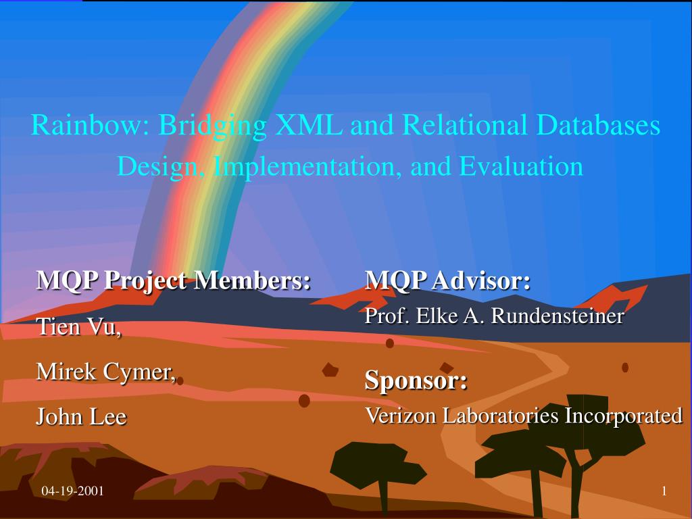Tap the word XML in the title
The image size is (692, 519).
pyautogui.click(x=308, y=124)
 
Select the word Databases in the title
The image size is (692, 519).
pyautogui.click(x=599, y=124)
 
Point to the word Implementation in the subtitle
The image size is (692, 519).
pyautogui.click(x=307, y=167)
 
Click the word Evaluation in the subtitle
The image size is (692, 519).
pyautogui.click(x=521, y=166)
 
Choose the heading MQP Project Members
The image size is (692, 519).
pyautogui.click(x=174, y=280)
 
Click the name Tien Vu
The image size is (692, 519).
pyautogui.click(x=78, y=326)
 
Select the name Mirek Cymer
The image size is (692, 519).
pyautogui.click(x=106, y=372)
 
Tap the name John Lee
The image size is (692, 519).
pyautogui.click(x=81, y=416)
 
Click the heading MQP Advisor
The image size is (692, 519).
pyautogui.click(x=447, y=280)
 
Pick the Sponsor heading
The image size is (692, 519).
pyautogui.click(x=416, y=380)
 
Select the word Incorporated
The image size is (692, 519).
pyautogui.click(x=624, y=416)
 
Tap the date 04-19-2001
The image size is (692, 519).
pyautogui.click(x=73, y=491)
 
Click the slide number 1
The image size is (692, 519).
pyautogui.click(x=664, y=491)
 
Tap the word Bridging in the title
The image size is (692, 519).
pyautogui.click(x=212, y=125)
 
